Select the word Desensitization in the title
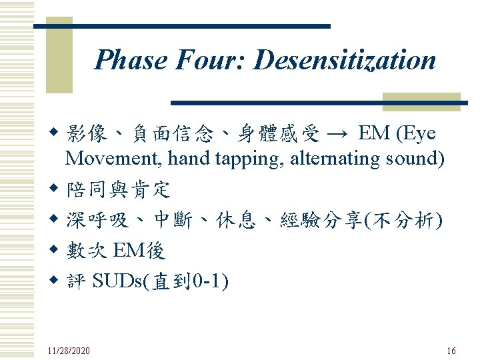pyautogui.click(x=345, y=60)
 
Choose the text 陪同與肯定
pyautogui.click(x=118, y=190)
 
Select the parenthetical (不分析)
pyautogui.click(x=401, y=220)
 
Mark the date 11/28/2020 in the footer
pyautogui.click(x=69, y=351)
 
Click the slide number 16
pyautogui.click(x=451, y=351)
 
